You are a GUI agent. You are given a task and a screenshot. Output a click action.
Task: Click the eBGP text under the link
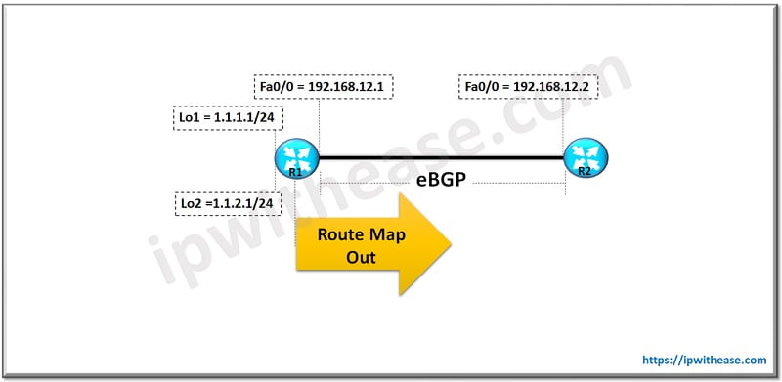[x=441, y=181]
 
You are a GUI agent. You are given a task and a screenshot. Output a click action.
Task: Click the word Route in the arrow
[x=337, y=235]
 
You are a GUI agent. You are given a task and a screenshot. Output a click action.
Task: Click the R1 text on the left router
[x=293, y=171]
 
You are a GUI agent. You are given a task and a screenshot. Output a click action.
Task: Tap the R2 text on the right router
[x=585, y=171]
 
